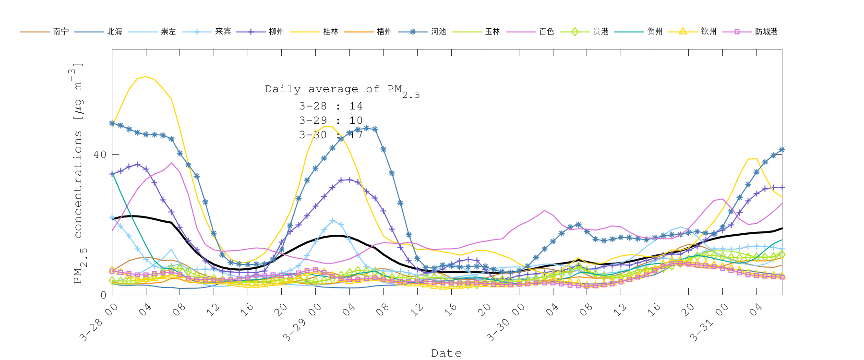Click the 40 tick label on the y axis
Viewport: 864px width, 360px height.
pyautogui.click(x=100, y=155)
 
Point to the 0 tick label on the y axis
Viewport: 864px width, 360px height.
pyautogui.click(x=103, y=295)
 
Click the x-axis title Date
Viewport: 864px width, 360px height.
pyautogui.click(x=446, y=353)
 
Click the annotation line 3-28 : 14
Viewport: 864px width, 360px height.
pyautogui.click(x=331, y=106)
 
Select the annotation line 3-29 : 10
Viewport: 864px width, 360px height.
pyautogui.click(x=331, y=120)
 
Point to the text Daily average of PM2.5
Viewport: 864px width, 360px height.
pyautogui.click(x=342, y=90)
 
